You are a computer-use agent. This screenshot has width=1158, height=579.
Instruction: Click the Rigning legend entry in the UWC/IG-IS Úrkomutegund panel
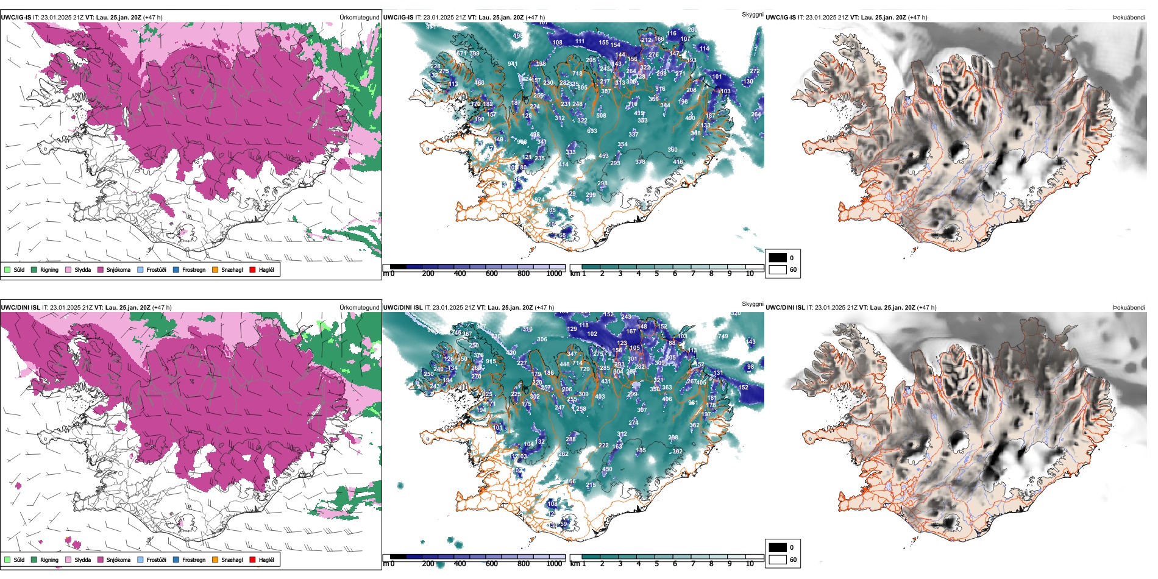(49, 269)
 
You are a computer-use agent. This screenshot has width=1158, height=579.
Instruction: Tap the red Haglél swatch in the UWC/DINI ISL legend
(252, 559)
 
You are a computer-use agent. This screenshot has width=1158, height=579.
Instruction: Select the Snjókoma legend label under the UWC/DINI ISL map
(118, 559)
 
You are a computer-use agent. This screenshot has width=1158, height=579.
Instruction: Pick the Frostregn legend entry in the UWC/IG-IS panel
(193, 269)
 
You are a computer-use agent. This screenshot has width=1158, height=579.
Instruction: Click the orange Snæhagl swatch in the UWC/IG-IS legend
(215, 269)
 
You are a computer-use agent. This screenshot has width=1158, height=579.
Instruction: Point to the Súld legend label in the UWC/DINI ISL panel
(19, 559)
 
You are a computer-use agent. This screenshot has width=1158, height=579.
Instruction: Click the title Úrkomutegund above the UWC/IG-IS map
(359, 18)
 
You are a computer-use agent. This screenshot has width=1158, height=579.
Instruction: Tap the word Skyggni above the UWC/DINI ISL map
(752, 304)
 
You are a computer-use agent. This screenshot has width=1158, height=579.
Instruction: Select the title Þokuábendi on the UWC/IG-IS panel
(1129, 18)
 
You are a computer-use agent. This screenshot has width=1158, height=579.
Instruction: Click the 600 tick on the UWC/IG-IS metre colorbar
(492, 274)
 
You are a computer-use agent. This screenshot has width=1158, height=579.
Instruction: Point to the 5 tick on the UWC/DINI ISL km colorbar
(657, 564)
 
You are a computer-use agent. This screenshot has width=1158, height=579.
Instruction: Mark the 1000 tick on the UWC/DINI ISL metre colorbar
(554, 564)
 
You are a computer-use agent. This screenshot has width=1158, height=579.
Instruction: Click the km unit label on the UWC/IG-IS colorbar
(575, 274)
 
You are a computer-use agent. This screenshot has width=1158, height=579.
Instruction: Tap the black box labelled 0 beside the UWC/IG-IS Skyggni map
(778, 258)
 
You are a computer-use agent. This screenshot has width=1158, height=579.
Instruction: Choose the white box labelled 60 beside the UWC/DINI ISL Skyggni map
(778, 559)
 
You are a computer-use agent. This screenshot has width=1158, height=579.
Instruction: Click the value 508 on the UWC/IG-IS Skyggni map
(601, 116)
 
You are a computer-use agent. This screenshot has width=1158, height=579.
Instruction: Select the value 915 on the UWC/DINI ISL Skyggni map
(491, 361)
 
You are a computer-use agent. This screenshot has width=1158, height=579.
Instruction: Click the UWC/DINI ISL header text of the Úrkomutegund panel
(20, 308)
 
